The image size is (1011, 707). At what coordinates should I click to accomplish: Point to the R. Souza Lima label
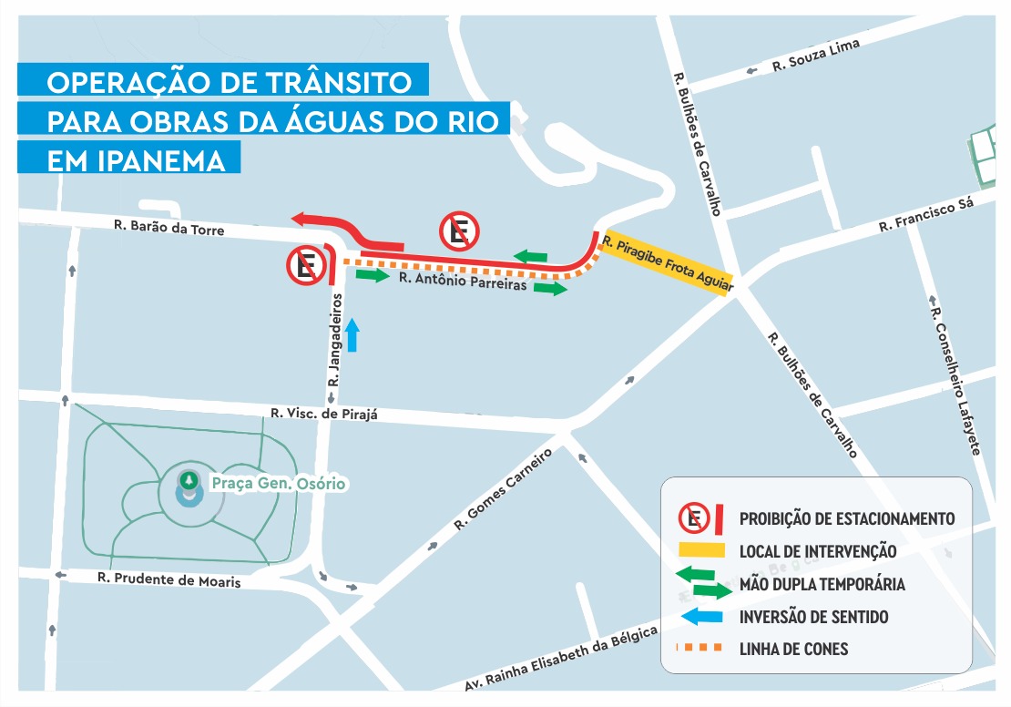point(815,55)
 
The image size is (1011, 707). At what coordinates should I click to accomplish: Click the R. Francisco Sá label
point(925,216)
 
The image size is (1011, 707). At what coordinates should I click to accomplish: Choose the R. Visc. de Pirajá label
point(323,415)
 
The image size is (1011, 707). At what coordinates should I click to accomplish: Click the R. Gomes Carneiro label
point(504,489)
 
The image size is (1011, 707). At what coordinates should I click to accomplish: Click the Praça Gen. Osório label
point(278,483)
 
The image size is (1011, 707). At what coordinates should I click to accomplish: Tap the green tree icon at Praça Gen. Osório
point(189,479)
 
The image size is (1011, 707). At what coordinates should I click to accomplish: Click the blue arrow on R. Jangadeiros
point(353,335)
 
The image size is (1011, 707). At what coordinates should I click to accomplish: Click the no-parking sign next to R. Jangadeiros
point(306,266)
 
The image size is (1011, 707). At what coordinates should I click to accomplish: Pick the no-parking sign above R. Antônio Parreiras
point(459,232)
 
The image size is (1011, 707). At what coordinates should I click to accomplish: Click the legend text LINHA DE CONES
point(793,650)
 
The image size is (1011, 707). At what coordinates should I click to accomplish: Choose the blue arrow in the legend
point(705,618)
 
